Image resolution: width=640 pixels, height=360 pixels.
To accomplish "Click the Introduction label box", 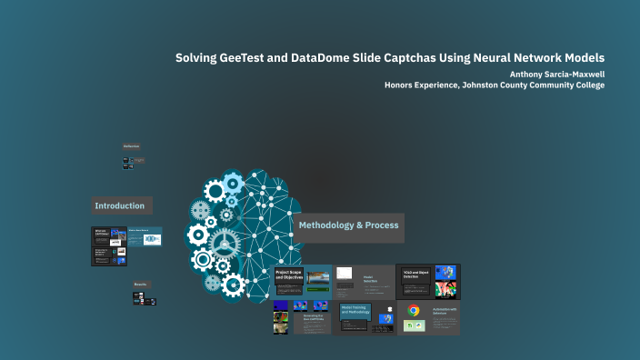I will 122,205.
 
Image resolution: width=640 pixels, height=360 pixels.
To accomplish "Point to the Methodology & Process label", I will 348,225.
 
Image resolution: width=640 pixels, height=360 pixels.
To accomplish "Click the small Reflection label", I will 132,146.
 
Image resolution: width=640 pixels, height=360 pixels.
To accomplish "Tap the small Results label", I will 141,285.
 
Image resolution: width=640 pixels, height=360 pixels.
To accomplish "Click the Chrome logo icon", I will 414,311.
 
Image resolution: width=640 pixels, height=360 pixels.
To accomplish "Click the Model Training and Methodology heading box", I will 355,311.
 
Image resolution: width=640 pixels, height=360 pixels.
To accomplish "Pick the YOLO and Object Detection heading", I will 416,275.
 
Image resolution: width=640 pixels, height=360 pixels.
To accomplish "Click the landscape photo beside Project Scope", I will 318,277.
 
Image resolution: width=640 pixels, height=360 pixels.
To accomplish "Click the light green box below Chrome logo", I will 414,325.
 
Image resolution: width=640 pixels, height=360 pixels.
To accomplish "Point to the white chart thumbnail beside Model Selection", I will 345,273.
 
